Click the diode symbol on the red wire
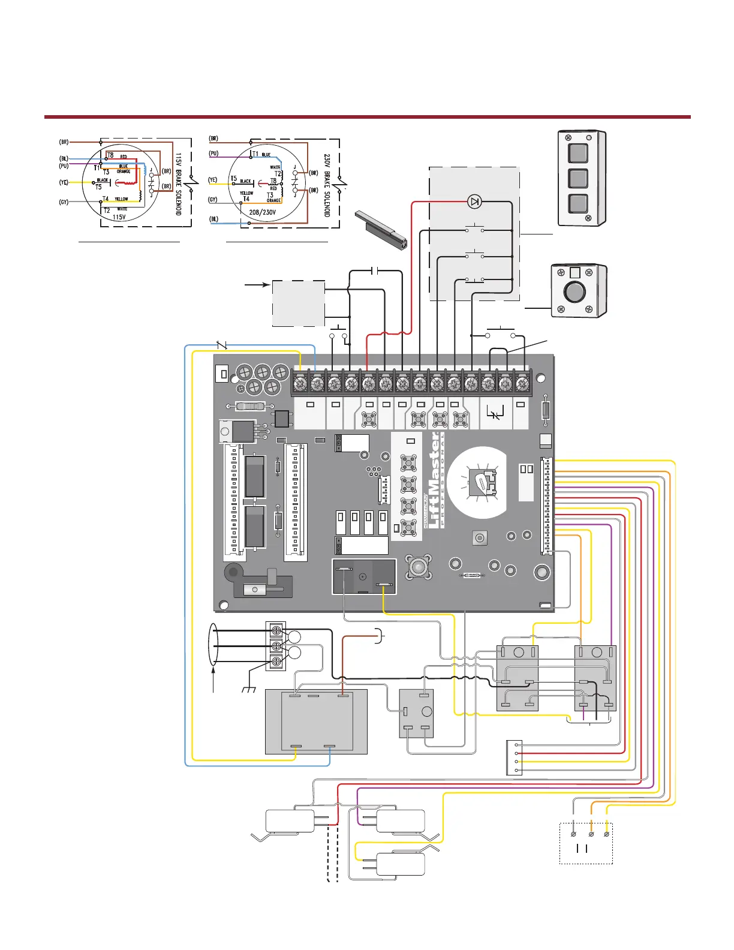[475, 202]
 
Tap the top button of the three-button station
[578, 152]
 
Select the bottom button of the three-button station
[578, 203]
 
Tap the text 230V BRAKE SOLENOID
[327, 185]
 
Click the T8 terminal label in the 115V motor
[110, 155]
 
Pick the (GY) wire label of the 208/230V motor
[212, 200]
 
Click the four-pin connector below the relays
[514, 757]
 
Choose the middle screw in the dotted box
[591, 834]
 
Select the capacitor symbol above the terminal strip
[374, 270]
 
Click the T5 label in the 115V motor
[99, 187]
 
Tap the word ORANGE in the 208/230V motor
[273, 200]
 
